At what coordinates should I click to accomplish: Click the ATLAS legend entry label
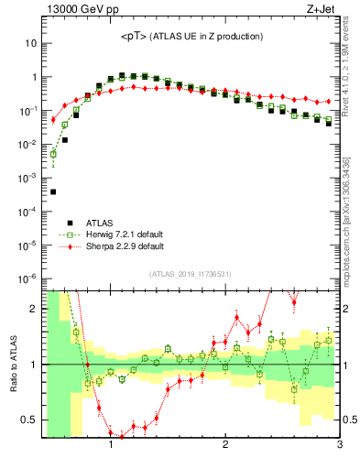pyautogui.click(x=101, y=223)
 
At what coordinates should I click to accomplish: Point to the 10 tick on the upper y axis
pyautogui.click(x=28, y=43)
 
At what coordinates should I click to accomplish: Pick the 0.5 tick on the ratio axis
pyautogui.click(x=28, y=420)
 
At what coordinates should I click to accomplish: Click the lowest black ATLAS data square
pyautogui.click(x=53, y=192)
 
